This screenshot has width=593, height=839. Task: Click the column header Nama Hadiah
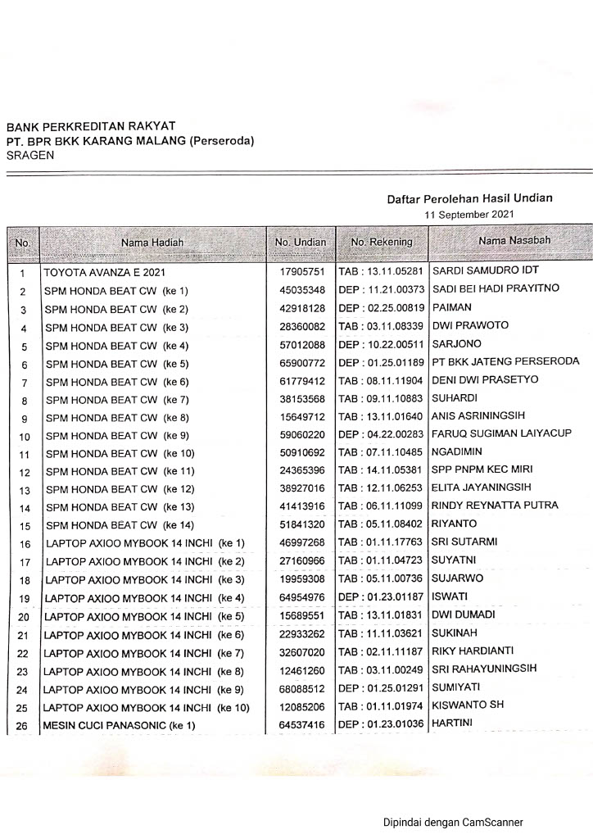(152, 243)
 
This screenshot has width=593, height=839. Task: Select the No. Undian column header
(300, 243)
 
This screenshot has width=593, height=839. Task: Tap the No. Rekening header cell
(382, 243)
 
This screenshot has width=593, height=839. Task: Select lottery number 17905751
(302, 271)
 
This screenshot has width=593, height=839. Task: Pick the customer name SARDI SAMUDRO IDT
(486, 270)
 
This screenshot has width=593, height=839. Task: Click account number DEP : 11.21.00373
(382, 289)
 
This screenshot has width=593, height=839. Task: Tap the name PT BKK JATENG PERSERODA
(505, 361)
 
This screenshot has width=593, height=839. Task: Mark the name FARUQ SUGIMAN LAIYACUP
(502, 433)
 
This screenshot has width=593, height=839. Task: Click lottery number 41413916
(302, 507)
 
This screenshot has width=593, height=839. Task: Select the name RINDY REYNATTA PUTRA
(495, 506)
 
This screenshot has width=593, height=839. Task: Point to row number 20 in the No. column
(23, 617)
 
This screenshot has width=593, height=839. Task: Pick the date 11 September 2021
(469, 214)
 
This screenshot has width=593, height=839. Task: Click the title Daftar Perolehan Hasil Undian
(469, 198)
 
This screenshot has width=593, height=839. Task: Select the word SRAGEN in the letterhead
(30, 155)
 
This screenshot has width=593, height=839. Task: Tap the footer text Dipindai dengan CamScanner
(453, 822)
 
